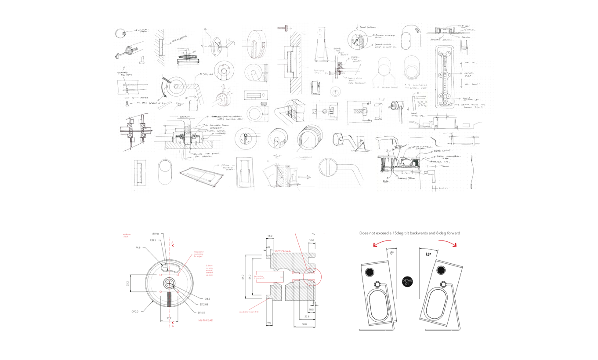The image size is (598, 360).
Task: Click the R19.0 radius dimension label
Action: click(x=156, y=234)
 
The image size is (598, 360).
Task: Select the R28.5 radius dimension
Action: click(x=152, y=240)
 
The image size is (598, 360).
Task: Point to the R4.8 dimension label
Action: click(x=138, y=247)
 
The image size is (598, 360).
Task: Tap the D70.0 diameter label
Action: click(x=134, y=312)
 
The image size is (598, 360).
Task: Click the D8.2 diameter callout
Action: click(x=207, y=299)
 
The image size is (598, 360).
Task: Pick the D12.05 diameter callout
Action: click(x=204, y=304)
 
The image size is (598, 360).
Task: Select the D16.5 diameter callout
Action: click(x=201, y=313)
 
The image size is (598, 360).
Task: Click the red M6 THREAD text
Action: click(x=206, y=320)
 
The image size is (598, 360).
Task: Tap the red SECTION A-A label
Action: click(x=283, y=251)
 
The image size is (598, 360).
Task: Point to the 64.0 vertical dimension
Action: click(x=243, y=277)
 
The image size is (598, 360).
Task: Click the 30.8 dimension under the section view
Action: click(x=304, y=324)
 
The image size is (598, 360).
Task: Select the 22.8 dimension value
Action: click(x=307, y=316)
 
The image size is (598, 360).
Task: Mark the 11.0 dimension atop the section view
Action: click(x=270, y=236)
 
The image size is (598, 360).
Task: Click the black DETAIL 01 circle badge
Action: click(x=407, y=282)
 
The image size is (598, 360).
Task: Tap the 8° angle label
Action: click(x=392, y=253)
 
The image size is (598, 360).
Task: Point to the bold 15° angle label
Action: click(x=428, y=254)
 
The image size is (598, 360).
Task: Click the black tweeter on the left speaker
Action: click(x=369, y=272)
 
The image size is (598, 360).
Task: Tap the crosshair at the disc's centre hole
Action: click(x=169, y=284)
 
